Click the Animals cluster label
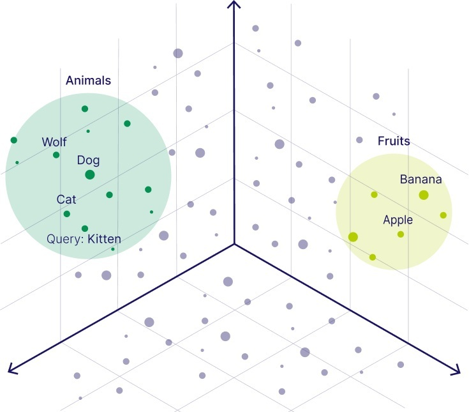click(88, 80)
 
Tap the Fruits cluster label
click(394, 141)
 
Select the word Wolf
click(54, 142)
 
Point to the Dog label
click(88, 160)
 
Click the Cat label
click(66, 199)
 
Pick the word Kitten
click(105, 239)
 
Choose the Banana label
click(421, 179)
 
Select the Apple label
click(398, 220)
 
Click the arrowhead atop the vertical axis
click(234, 4)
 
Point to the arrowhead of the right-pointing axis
click(456, 369)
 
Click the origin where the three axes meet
click(234, 244)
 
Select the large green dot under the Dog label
click(90, 174)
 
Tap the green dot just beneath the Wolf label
click(56, 155)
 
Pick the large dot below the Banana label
click(424, 195)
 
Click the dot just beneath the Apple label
click(401, 234)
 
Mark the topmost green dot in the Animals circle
click(85, 109)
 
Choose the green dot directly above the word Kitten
click(85, 229)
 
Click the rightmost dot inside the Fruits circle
click(443, 215)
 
